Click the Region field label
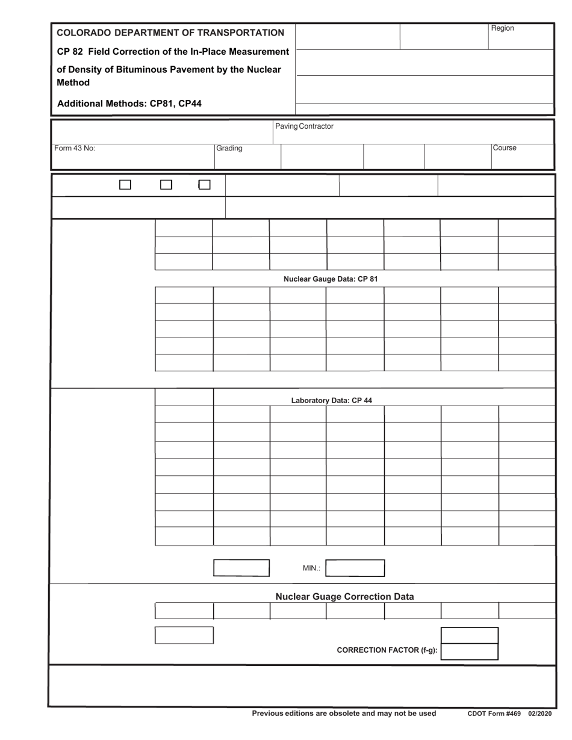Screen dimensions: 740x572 [502, 28]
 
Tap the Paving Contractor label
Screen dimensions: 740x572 [304, 126]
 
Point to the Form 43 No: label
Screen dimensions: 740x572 [75, 148]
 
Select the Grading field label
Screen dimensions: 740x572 [229, 148]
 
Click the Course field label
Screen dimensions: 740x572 [505, 148]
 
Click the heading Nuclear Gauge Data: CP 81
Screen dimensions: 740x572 [331, 279]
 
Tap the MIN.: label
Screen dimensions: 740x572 [311, 568]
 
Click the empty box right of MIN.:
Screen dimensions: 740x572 [355, 568]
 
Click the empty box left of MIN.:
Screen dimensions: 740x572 [242, 568]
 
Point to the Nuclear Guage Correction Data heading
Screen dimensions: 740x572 [344, 597]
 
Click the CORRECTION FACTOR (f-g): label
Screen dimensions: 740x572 [387, 650]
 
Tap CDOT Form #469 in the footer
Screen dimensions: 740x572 [494, 714]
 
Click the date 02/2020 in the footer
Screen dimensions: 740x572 [540, 714]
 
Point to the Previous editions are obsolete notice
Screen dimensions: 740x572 [344, 714]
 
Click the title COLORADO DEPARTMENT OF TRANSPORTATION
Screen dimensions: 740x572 [170, 32]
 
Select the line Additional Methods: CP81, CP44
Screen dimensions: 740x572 [129, 103]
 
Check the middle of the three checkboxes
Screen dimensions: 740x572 [166, 185]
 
